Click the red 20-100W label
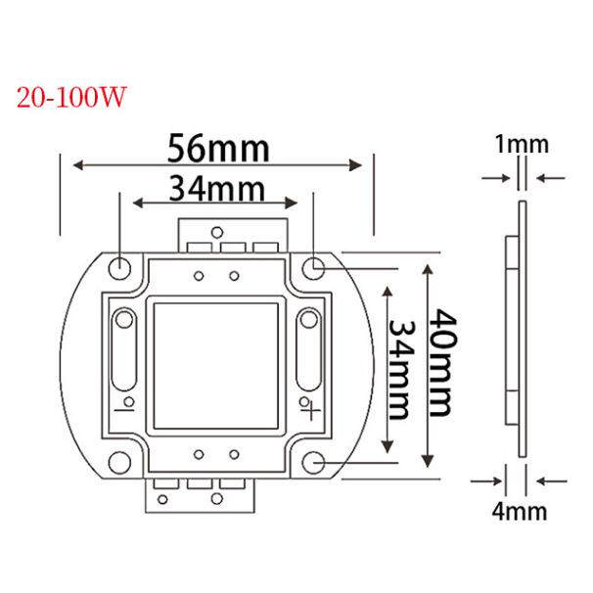(x=70, y=97)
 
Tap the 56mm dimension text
(x=218, y=149)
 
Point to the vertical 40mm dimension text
(x=441, y=363)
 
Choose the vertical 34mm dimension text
(x=401, y=370)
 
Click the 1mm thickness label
(x=522, y=145)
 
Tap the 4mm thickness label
(x=520, y=512)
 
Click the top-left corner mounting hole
(x=119, y=268)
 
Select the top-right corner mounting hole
(x=313, y=268)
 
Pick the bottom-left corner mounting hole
(x=119, y=462)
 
